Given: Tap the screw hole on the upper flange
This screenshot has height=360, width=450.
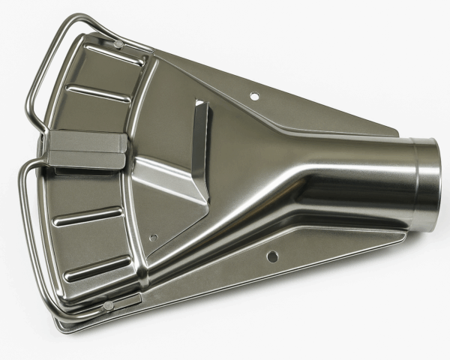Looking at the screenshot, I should tap(254, 96).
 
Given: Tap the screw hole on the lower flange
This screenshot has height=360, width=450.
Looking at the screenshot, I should tap(272, 256).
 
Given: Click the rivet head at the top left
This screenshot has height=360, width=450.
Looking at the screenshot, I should tap(118, 45).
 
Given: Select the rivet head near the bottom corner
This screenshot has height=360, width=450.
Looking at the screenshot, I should tap(109, 306).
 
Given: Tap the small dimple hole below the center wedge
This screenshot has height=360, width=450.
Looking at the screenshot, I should tap(153, 238).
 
